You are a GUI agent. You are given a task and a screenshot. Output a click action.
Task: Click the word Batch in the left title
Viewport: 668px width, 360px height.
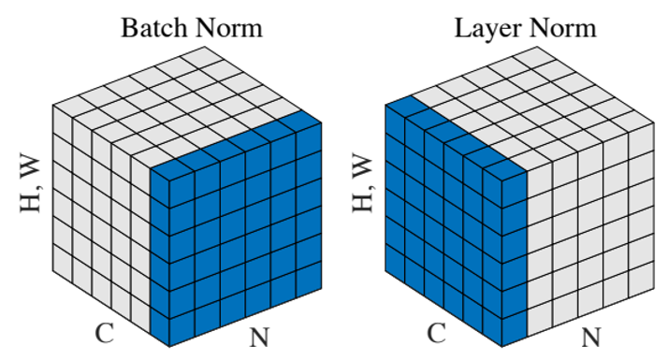coord(152,27)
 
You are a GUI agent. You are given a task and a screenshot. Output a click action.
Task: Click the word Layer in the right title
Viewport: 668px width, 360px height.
coord(484,27)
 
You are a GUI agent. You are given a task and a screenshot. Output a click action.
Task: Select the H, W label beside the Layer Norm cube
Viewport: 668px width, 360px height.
coord(366,183)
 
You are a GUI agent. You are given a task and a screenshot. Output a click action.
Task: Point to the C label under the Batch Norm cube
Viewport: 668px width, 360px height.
coord(105,332)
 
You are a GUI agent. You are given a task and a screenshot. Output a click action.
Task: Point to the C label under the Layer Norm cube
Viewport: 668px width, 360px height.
coord(436,332)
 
